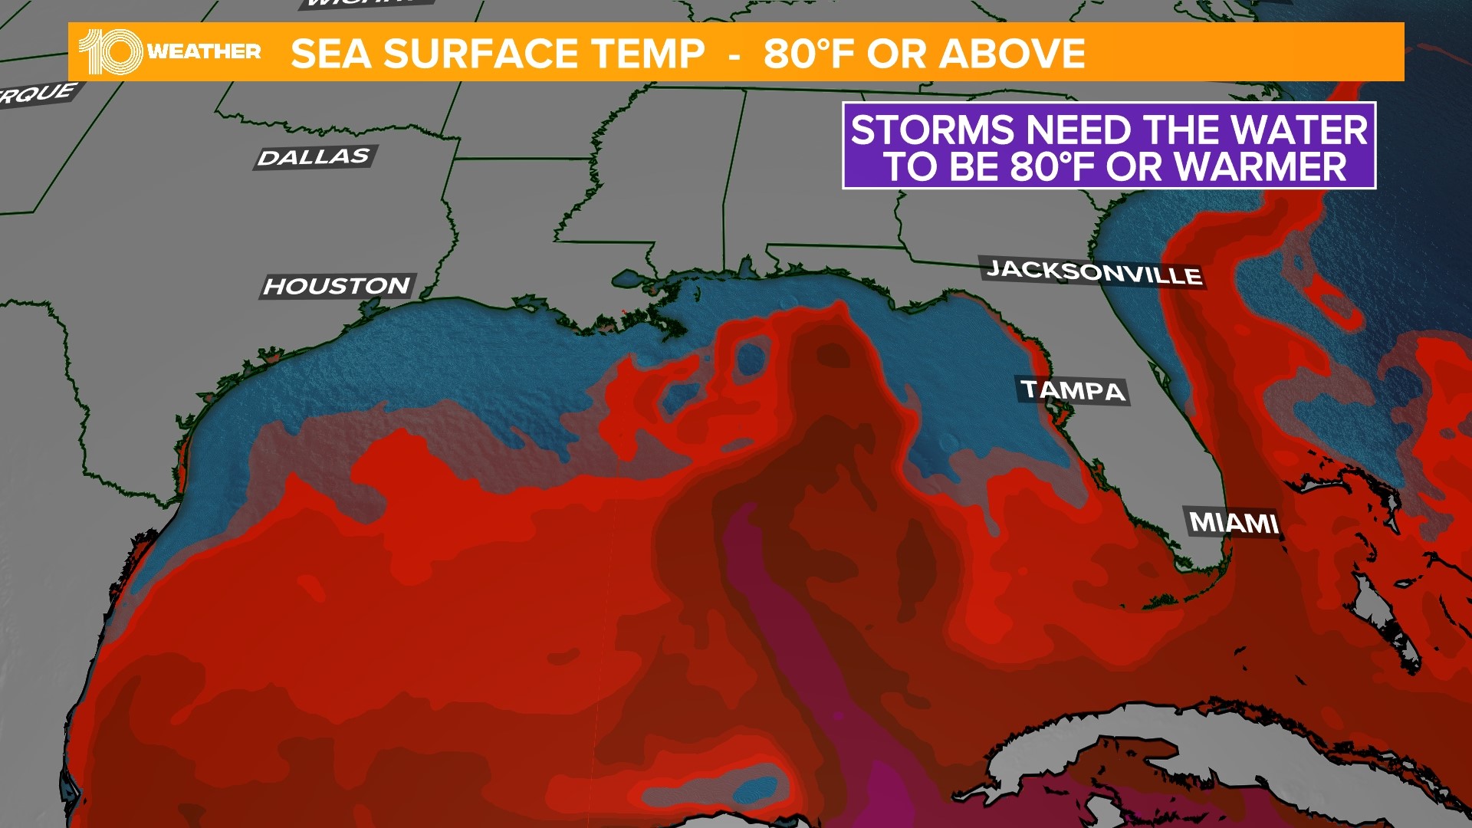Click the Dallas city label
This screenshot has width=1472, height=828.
click(x=314, y=157)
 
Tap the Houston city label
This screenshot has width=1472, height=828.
click(x=337, y=286)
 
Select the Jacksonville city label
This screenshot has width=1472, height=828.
click(x=1093, y=272)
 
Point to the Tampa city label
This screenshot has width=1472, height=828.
click(x=1073, y=390)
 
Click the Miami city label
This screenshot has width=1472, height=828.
click(x=1234, y=523)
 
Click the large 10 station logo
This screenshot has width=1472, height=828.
click(x=110, y=52)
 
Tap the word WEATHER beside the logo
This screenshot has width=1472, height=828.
click(x=204, y=51)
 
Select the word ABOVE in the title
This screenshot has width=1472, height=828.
click(x=1013, y=54)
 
